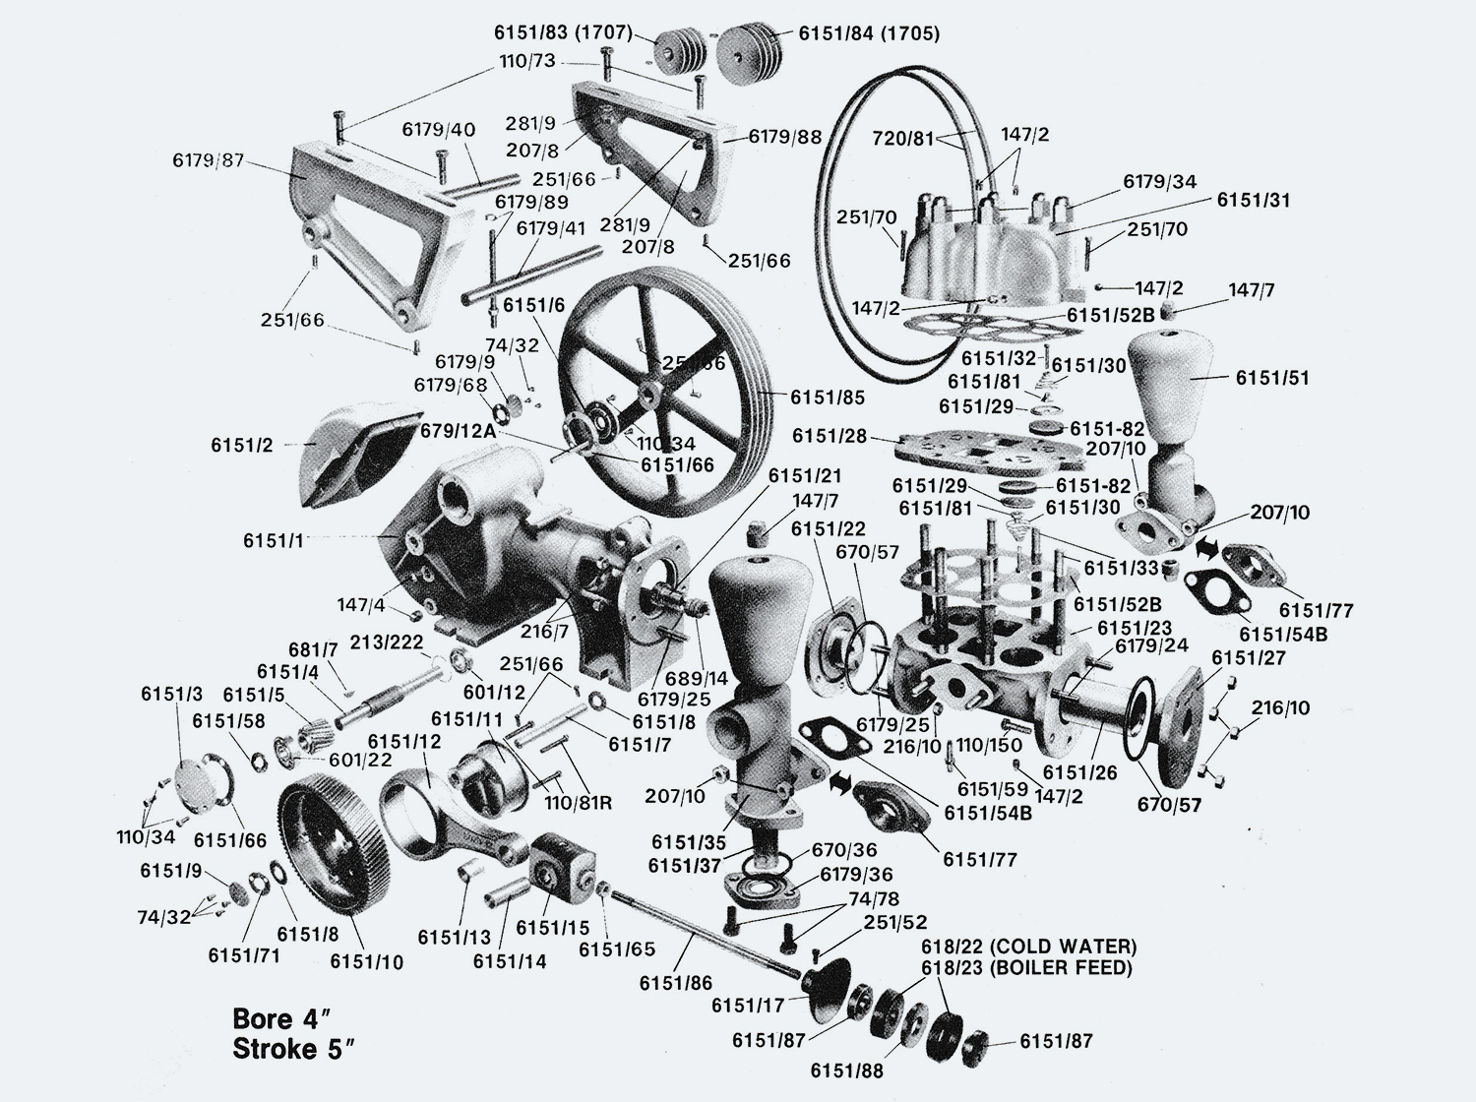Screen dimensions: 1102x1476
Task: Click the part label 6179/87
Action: pyautogui.click(x=207, y=159)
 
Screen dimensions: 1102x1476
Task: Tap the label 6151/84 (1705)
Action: pyautogui.click(x=868, y=34)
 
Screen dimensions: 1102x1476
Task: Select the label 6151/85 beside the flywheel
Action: pyautogui.click(x=827, y=398)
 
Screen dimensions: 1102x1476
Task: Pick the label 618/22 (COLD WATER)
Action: pyautogui.click(x=1028, y=947)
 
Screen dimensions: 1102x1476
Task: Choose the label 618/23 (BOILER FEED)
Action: pyautogui.click(x=1026, y=968)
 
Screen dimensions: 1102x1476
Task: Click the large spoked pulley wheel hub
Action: pyautogui.click(x=648, y=397)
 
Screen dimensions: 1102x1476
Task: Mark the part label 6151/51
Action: pyautogui.click(x=1272, y=378)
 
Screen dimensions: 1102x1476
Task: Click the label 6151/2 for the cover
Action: pyautogui.click(x=242, y=445)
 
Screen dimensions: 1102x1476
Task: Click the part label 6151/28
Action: pyautogui.click(x=830, y=435)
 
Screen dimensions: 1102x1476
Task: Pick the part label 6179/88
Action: pyautogui.click(x=784, y=138)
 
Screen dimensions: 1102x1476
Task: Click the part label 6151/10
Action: pyautogui.click(x=366, y=961)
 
